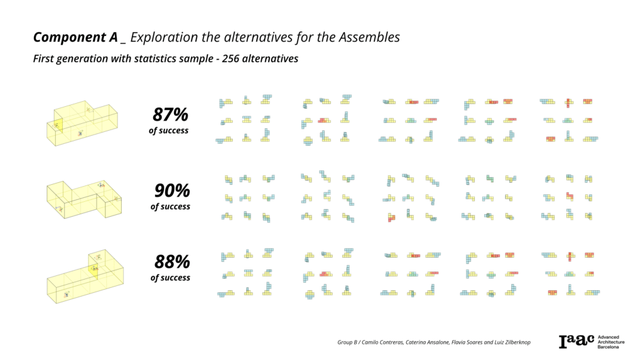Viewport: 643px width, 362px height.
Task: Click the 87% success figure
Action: click(170, 115)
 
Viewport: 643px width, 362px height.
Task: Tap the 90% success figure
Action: click(172, 190)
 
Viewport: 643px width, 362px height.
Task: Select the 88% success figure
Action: click(172, 261)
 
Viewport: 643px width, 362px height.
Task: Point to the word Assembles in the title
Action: click(369, 37)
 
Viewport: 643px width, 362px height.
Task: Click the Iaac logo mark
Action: click(576, 341)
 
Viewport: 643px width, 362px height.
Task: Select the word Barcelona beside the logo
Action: click(608, 348)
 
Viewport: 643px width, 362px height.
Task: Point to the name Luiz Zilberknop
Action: click(511, 343)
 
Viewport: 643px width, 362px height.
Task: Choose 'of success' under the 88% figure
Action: click(170, 277)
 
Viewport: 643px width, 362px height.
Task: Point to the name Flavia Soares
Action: click(467, 343)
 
